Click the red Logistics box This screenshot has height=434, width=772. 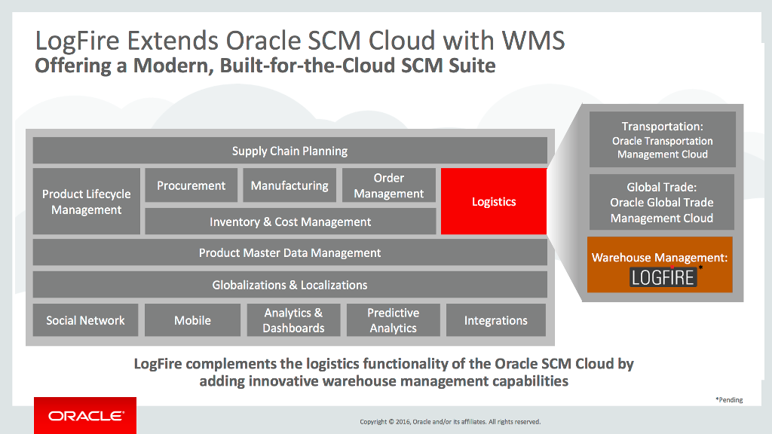(x=493, y=201)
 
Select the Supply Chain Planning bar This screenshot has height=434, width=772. (x=290, y=151)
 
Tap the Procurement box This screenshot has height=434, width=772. (x=191, y=185)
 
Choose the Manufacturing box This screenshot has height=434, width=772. (x=289, y=185)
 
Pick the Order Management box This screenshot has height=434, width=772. (x=389, y=185)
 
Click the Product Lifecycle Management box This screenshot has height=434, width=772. (x=87, y=201)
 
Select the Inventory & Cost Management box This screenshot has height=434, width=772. (x=290, y=222)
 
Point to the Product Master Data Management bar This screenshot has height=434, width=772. (x=290, y=252)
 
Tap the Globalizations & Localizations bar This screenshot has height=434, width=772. (x=290, y=284)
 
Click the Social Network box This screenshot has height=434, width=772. (x=86, y=319)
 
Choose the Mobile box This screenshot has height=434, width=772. (x=192, y=319)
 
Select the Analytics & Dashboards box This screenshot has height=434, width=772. (x=293, y=319)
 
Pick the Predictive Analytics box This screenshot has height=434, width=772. (x=394, y=319)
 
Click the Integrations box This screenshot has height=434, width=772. (x=496, y=319)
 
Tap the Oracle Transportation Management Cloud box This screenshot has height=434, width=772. (x=662, y=139)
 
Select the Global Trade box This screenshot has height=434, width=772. (x=662, y=202)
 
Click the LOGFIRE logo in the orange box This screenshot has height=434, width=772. (x=663, y=277)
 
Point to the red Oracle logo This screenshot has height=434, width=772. (x=85, y=416)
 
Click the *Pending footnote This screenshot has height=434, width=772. (x=729, y=399)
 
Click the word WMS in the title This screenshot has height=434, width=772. (x=533, y=41)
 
